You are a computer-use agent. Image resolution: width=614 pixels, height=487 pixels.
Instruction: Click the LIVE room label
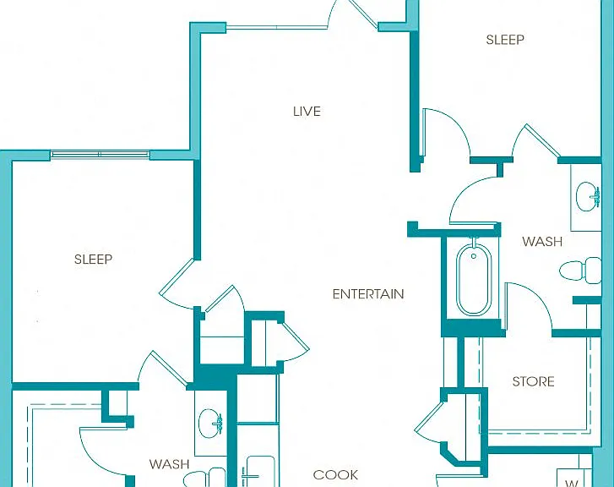307,112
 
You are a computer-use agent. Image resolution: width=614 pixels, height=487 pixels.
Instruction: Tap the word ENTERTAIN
368,294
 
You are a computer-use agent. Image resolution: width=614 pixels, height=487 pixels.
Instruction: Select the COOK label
335,475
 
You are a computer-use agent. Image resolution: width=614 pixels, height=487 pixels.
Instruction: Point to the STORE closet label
533,381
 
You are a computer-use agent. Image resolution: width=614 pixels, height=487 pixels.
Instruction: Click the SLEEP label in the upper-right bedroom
505,40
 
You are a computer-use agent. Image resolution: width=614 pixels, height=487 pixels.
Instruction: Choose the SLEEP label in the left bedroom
93,260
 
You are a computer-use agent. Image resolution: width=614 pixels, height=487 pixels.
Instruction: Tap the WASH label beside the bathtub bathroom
542,242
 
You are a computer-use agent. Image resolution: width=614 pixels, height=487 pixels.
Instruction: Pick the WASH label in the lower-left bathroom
169,464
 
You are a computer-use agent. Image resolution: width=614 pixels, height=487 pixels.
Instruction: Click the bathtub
474,279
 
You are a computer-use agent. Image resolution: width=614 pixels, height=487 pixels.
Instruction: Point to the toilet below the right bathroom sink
580,271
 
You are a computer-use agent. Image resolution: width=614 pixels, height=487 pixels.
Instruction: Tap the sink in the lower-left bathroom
210,424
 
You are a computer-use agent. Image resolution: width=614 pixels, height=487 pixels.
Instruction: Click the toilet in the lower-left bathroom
203,478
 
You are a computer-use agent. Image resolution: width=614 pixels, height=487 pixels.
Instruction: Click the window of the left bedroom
100,155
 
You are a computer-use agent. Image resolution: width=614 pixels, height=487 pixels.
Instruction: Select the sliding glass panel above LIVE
277,27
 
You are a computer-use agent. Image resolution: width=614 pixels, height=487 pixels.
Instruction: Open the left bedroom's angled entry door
177,282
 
